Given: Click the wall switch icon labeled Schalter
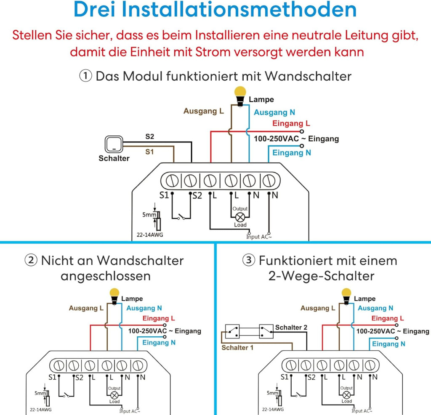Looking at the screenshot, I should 114,144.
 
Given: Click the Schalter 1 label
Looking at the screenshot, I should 237,348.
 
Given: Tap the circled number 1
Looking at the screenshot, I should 86,76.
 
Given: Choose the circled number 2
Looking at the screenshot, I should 31,260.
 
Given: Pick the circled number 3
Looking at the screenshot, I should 249,260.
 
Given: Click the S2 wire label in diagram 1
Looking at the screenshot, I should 150,137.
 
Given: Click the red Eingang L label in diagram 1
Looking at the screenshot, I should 291,123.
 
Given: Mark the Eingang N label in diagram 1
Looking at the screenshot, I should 291,153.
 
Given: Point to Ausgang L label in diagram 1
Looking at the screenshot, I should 204,111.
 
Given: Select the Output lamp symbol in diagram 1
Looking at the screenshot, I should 240,217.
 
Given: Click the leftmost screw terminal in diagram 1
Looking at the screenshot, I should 171,181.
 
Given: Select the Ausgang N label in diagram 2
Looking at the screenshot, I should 144,308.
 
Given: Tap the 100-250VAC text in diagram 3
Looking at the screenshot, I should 375,331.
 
